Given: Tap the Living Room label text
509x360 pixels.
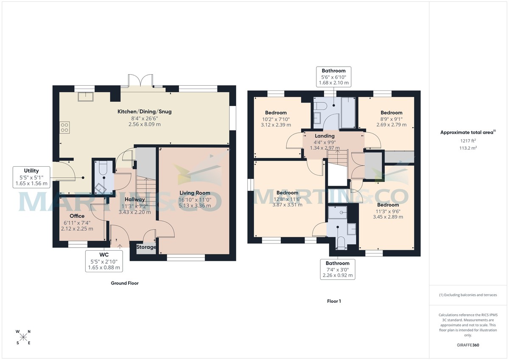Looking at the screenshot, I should pos(194,193).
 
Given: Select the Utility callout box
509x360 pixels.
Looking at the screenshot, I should pos(31,177).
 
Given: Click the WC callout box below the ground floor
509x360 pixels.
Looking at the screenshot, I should pos(104,261).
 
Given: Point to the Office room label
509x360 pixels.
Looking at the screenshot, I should pos(77,216).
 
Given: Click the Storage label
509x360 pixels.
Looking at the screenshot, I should pos(146,247).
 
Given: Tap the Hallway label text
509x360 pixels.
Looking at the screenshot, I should pos(135,199).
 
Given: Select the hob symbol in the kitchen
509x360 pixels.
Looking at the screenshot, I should pos(65,127).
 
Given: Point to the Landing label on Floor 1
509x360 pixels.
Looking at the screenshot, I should pos(324,136).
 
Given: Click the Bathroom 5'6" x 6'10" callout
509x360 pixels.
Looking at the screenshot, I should pos(333,77).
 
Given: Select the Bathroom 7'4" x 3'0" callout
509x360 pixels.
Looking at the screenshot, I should pos(338,269).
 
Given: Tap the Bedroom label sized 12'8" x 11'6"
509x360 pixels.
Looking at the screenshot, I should pos(287,193).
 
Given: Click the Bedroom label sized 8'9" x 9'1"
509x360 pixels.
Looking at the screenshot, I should pos(391,113).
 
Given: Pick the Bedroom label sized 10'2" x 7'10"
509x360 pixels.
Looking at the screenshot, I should pos(276,113).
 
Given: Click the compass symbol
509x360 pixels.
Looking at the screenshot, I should pos(24,337).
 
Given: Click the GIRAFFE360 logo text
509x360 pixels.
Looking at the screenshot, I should pos(467,345).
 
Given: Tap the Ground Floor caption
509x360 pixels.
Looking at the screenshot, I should pos(125,283).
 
